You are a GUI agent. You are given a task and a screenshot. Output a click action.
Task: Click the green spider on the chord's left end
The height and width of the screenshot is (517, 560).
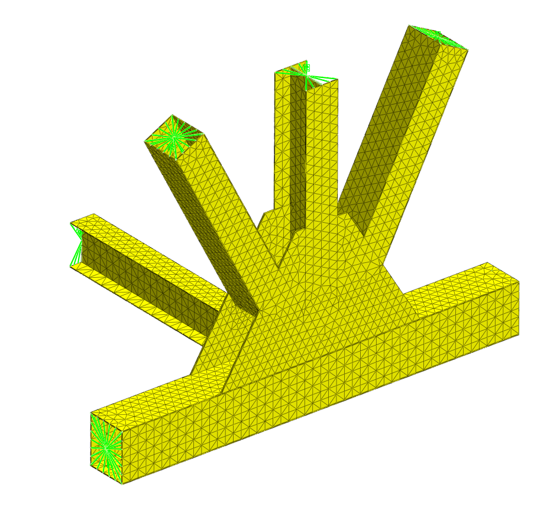(x=106, y=447)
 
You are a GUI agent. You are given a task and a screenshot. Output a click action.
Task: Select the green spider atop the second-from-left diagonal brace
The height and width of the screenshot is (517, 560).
(x=173, y=137)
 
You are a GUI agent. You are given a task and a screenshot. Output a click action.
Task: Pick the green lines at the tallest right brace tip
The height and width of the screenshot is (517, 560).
(x=441, y=34)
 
